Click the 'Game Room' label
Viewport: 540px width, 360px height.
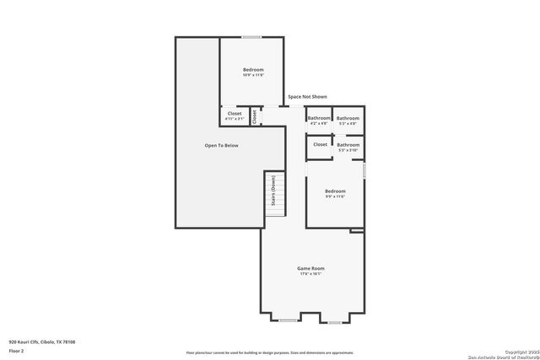[x=311, y=268]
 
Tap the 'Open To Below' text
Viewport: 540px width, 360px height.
[x=221, y=146]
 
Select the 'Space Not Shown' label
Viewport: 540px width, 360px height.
[x=307, y=97]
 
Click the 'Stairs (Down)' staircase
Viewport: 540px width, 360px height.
[x=275, y=193]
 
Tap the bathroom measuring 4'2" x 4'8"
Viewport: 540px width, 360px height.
[x=319, y=119]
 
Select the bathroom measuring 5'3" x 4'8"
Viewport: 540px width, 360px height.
[x=348, y=119]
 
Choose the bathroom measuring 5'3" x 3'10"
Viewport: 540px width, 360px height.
[x=348, y=146]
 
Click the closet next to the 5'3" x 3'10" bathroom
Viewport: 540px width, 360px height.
[x=320, y=144]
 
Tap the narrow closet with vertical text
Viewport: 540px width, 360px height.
[x=254, y=116]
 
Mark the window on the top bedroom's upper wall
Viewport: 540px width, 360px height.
[x=251, y=37]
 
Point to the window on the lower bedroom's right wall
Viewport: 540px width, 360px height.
[x=364, y=169]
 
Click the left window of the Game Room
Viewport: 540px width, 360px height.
[x=288, y=321]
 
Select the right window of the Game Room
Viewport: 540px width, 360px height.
[x=335, y=322]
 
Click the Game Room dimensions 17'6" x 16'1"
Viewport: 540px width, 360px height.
[x=311, y=274]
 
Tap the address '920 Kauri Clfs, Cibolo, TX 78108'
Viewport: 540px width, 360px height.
[x=42, y=341]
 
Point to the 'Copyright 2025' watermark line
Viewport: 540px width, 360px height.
[x=518, y=351]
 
